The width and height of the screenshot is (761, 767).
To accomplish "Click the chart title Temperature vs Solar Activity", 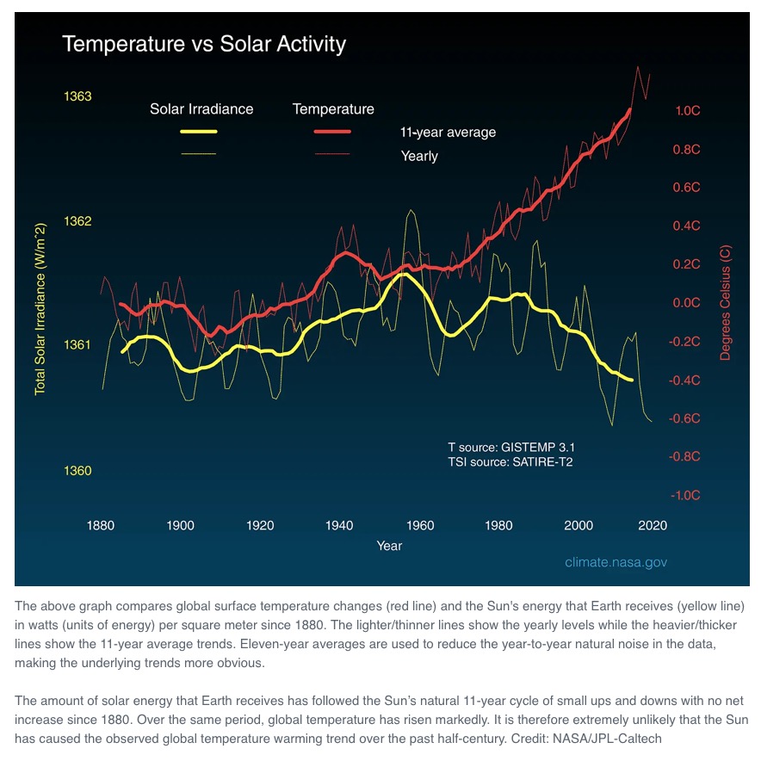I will coord(204,44).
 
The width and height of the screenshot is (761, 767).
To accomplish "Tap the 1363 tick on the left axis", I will coord(78,96).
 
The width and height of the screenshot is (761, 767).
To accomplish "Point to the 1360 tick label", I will coord(78,471).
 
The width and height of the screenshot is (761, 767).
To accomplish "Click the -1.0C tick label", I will coord(686,495).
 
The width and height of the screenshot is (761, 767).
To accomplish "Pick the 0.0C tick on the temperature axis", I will coord(687,303).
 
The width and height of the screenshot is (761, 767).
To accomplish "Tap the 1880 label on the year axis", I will coord(102,524).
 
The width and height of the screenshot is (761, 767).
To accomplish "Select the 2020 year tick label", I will coord(652,524).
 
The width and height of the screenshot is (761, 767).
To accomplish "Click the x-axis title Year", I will coord(389,545).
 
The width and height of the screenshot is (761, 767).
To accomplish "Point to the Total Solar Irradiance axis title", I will coord(40,308).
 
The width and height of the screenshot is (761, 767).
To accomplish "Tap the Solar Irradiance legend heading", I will coord(201,109).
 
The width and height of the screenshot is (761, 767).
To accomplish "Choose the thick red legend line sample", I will coord(332,132).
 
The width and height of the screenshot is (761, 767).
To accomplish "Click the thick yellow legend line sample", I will coord(198,132).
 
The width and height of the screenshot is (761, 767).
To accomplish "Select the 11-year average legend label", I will coord(448,133).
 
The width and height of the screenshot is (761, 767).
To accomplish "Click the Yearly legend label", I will coord(419,156).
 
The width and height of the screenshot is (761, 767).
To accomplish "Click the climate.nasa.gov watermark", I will coord(616,562).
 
